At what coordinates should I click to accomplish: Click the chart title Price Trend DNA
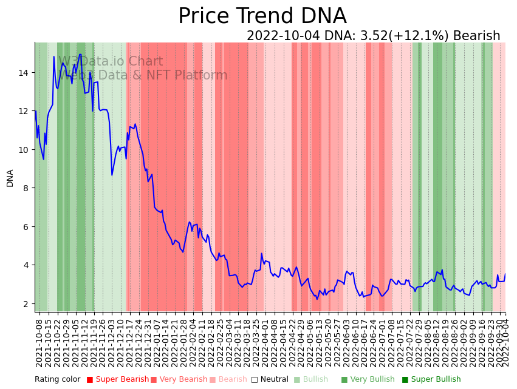(x=262, y=16)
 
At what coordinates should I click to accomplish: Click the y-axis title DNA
(x=10, y=178)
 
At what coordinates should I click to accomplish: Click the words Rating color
(x=57, y=380)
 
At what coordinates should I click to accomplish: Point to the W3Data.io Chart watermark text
(x=111, y=62)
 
